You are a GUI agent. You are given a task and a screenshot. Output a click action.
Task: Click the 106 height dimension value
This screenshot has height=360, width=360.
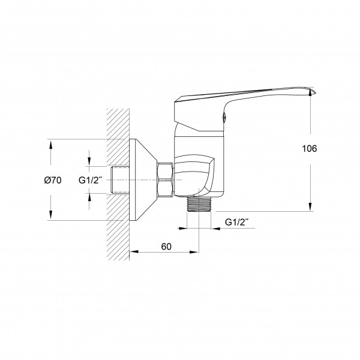309,149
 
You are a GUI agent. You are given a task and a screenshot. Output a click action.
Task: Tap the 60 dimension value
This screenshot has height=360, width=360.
166,247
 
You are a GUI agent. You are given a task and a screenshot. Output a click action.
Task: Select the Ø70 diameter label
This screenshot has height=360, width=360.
53,180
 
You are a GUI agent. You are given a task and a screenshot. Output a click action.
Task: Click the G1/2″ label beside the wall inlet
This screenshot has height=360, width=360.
89,180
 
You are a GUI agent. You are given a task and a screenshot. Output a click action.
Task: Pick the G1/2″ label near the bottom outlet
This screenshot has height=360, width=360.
236,222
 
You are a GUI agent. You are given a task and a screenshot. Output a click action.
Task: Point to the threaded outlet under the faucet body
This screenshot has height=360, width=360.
199,204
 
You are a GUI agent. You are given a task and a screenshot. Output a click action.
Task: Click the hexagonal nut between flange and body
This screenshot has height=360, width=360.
165,180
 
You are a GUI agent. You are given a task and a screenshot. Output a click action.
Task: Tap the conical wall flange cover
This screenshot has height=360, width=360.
143,180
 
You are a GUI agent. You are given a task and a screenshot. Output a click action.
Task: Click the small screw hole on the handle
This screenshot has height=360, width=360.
224,117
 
